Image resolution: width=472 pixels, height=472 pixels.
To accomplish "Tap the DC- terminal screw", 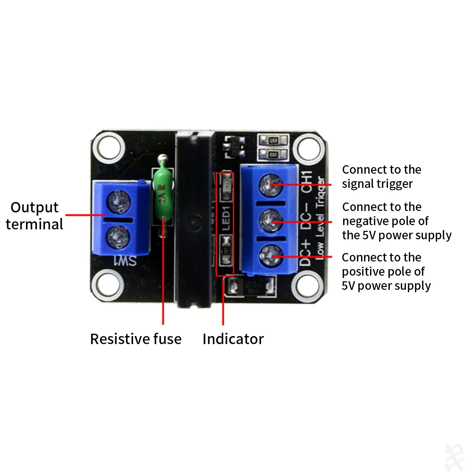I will [x=269, y=220].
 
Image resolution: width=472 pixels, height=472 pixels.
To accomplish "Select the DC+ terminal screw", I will [x=269, y=255].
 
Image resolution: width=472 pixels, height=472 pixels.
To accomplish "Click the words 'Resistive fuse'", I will [x=135, y=339].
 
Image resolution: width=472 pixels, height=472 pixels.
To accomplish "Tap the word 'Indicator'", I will [x=233, y=339].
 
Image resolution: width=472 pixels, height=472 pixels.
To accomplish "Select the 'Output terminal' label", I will [x=34, y=215].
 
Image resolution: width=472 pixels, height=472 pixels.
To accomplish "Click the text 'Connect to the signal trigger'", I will [x=381, y=177].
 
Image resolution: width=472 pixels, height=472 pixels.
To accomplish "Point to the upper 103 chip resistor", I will [x=273, y=141].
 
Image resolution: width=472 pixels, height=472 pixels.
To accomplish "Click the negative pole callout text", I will [x=396, y=221].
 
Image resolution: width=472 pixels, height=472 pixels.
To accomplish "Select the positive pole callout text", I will [x=386, y=271].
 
